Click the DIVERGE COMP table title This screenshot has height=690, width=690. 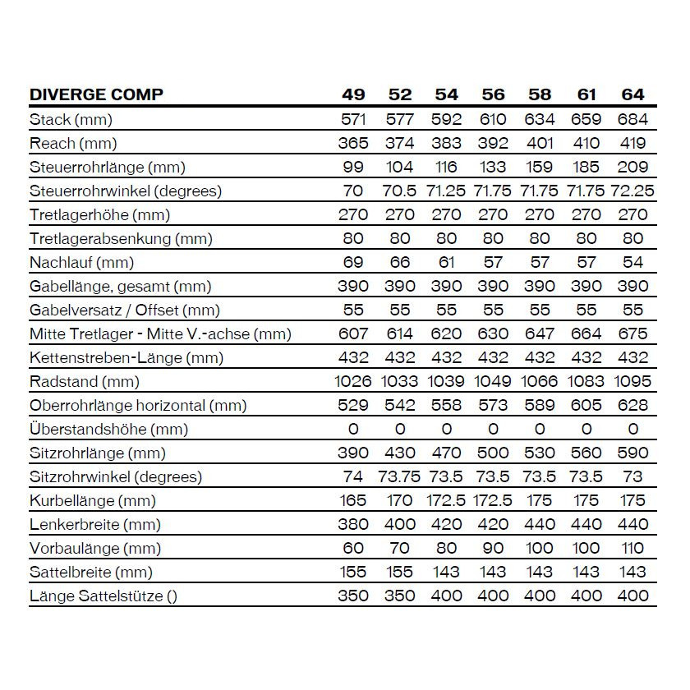96,94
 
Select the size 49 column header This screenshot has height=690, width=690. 353,94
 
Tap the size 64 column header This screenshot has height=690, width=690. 632,94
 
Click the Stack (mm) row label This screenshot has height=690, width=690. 71,120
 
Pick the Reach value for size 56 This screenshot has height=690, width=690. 493,144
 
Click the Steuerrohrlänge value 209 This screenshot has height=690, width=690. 632,168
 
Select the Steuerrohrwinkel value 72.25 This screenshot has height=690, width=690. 632,191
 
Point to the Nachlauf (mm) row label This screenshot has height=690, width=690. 81,263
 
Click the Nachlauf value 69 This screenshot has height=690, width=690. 353,263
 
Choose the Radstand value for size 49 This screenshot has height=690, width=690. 354,382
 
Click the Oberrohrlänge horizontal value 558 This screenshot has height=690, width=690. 446,406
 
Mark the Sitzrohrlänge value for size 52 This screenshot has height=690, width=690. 400,453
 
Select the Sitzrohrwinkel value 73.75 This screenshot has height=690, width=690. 400,477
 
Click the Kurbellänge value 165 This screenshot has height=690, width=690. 353,501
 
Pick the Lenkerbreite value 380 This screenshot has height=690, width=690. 353,525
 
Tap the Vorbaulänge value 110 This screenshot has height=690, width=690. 632,549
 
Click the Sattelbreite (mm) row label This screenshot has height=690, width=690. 91,573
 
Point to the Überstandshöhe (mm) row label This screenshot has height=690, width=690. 108,430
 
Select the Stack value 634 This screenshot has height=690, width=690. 540,120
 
